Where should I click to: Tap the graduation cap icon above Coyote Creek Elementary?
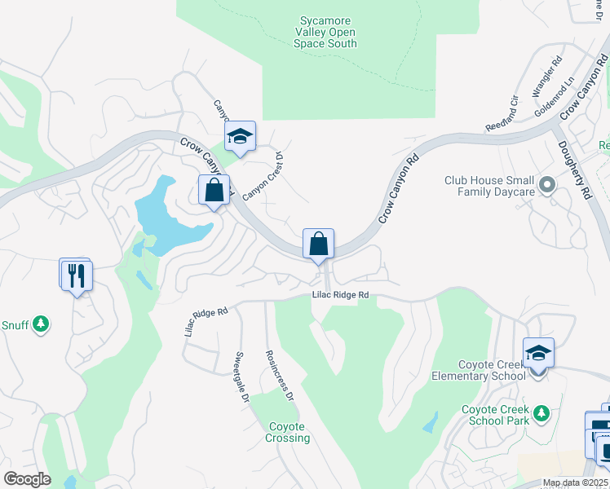coord(537,353)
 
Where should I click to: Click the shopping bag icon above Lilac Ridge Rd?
coord(318,243)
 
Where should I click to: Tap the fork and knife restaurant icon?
coord(77,275)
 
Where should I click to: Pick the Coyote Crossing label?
coord(287,432)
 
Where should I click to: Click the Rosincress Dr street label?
coord(279,375)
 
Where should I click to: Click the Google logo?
coord(26,479)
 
